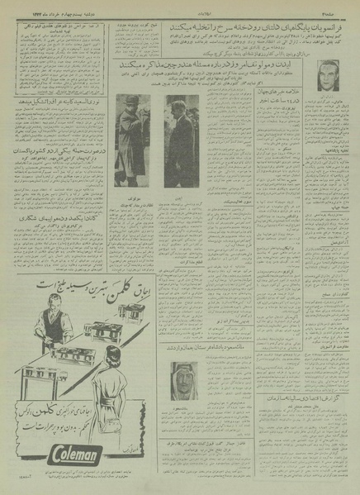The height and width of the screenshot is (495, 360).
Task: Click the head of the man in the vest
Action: tap(32, 305)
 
